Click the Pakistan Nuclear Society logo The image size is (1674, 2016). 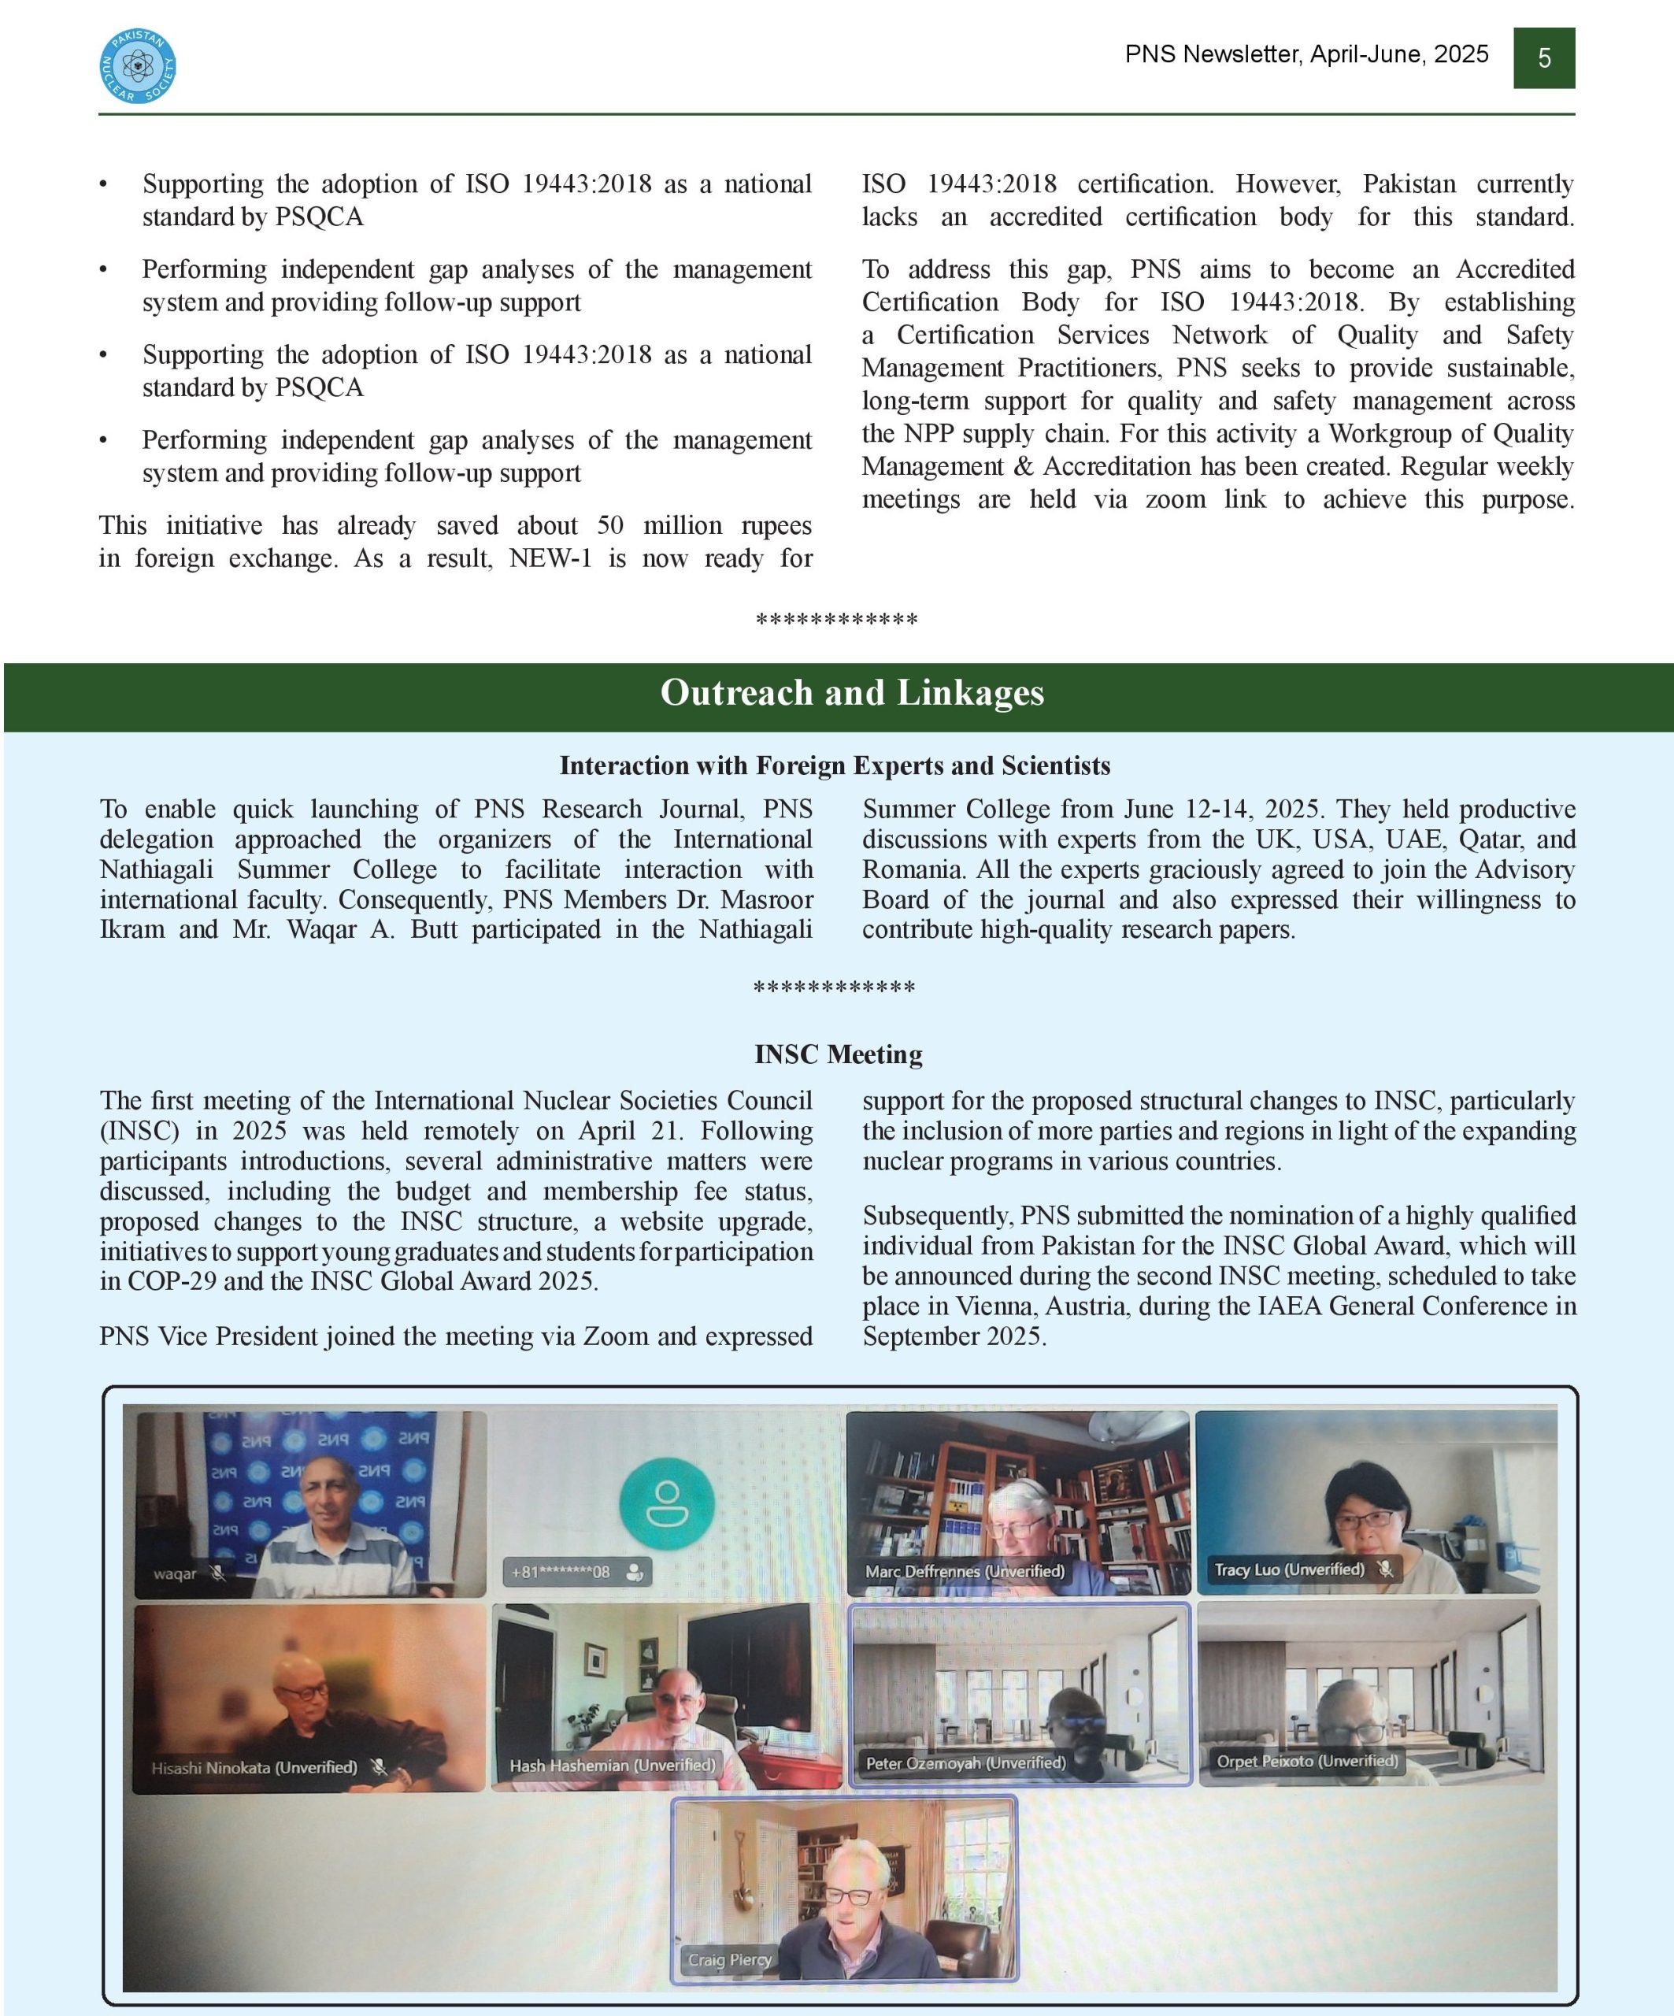click(137, 65)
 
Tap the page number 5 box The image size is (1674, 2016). click(1543, 58)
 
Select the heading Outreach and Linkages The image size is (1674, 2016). click(851, 693)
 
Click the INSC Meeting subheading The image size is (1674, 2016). click(838, 1054)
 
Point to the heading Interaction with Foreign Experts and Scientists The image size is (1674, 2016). click(835, 765)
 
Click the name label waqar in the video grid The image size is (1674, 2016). click(175, 1573)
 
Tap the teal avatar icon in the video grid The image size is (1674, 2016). click(666, 1503)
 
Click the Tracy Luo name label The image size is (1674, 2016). click(1288, 1569)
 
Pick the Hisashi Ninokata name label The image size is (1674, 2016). click(254, 1767)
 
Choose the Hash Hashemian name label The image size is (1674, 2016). click(612, 1766)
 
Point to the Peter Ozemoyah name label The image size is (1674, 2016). click(965, 1763)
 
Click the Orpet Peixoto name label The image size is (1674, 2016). click(1306, 1762)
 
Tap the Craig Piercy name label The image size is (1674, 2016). click(729, 1959)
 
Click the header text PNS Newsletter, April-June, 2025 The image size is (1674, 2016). click(1306, 54)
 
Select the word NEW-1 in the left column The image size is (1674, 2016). click(550, 558)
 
